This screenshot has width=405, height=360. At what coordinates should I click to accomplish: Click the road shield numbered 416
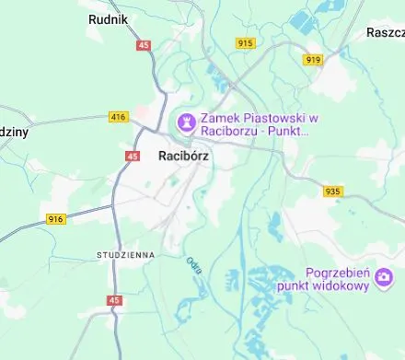(x=118, y=117)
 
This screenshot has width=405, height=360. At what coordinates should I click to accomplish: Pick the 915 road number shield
(x=245, y=43)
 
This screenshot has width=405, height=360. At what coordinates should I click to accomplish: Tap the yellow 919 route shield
(x=314, y=60)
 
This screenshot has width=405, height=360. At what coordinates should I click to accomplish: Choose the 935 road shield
(x=333, y=192)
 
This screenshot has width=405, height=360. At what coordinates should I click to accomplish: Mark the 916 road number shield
(x=56, y=218)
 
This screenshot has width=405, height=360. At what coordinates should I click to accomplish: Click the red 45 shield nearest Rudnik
(x=143, y=44)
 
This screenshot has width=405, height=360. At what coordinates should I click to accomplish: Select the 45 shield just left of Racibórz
(x=133, y=157)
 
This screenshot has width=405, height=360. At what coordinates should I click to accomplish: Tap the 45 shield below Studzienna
(x=114, y=300)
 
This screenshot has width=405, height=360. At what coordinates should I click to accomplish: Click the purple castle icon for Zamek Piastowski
(x=185, y=121)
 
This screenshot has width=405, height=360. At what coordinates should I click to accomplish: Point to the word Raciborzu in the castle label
(x=231, y=132)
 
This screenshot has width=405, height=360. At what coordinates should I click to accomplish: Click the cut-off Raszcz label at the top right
(x=385, y=31)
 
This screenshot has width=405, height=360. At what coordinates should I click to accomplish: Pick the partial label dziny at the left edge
(x=13, y=132)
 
